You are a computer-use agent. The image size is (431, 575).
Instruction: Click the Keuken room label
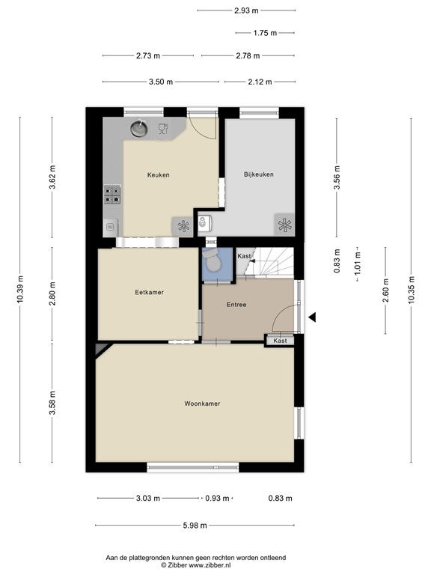(x=159, y=175)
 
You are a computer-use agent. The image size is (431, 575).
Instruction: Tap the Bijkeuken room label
(x=259, y=174)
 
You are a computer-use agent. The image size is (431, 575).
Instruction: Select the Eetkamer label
(x=149, y=292)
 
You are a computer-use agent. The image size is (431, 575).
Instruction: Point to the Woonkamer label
(x=202, y=404)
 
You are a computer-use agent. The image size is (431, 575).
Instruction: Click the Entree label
(x=236, y=305)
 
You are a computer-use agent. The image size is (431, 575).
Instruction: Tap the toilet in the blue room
(x=212, y=260)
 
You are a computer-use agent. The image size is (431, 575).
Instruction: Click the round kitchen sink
(x=139, y=128)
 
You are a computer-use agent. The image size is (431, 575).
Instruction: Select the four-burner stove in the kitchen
(x=112, y=195)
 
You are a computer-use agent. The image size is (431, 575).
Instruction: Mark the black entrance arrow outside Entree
(x=312, y=317)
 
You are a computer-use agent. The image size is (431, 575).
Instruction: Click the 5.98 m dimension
(x=195, y=525)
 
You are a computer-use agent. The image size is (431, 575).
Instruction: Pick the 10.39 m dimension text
(x=20, y=289)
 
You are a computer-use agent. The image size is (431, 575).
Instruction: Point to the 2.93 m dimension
(x=246, y=10)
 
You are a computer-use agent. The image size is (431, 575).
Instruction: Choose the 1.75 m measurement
(x=265, y=33)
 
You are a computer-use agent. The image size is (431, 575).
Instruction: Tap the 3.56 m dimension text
(x=337, y=177)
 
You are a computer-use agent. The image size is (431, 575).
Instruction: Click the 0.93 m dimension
(x=217, y=498)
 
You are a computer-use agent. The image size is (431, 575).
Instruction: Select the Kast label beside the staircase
(x=244, y=256)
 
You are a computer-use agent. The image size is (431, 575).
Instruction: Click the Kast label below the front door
(x=280, y=341)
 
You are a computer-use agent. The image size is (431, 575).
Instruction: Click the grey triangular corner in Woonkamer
(x=102, y=348)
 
